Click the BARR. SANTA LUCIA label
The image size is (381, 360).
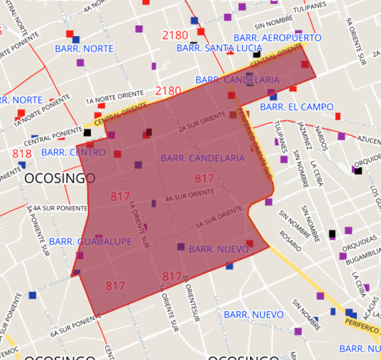[x=211, y=48]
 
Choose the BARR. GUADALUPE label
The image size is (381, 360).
[x=90, y=242]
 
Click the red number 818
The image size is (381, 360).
[x=22, y=154]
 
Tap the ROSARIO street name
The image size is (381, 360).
[x=290, y=241]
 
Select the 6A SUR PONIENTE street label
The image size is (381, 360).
[x=71, y=327]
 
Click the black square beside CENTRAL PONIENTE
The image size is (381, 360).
[x=87, y=132]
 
